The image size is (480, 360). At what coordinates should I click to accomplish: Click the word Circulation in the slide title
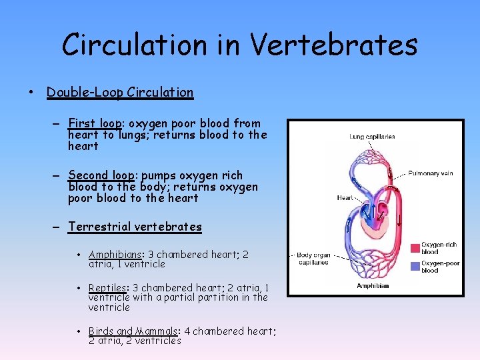pyautogui.click(x=133, y=45)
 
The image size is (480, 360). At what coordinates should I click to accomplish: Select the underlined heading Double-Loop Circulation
pyautogui.click(x=120, y=93)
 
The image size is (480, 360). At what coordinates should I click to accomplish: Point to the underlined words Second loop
pyautogui.click(x=102, y=175)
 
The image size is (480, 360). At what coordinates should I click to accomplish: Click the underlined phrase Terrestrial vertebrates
pyautogui.click(x=135, y=227)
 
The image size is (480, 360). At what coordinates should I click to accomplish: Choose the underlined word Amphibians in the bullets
pyautogui.click(x=116, y=255)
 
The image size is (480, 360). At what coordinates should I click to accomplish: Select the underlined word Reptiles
pyautogui.click(x=109, y=288)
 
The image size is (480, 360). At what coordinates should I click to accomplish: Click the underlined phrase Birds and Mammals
pyautogui.click(x=131, y=331)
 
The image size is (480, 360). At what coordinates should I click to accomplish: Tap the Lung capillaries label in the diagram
pyautogui.click(x=372, y=137)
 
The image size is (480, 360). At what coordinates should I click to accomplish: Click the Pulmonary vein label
pyautogui.click(x=430, y=173)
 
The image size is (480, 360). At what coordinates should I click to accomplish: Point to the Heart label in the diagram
pyautogui.click(x=345, y=198)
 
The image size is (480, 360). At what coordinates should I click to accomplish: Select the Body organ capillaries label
pyautogui.click(x=313, y=259)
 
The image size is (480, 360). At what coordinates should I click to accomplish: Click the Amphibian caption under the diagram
pyautogui.click(x=373, y=286)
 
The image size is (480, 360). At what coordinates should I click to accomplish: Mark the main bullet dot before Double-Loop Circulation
pyautogui.click(x=32, y=93)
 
